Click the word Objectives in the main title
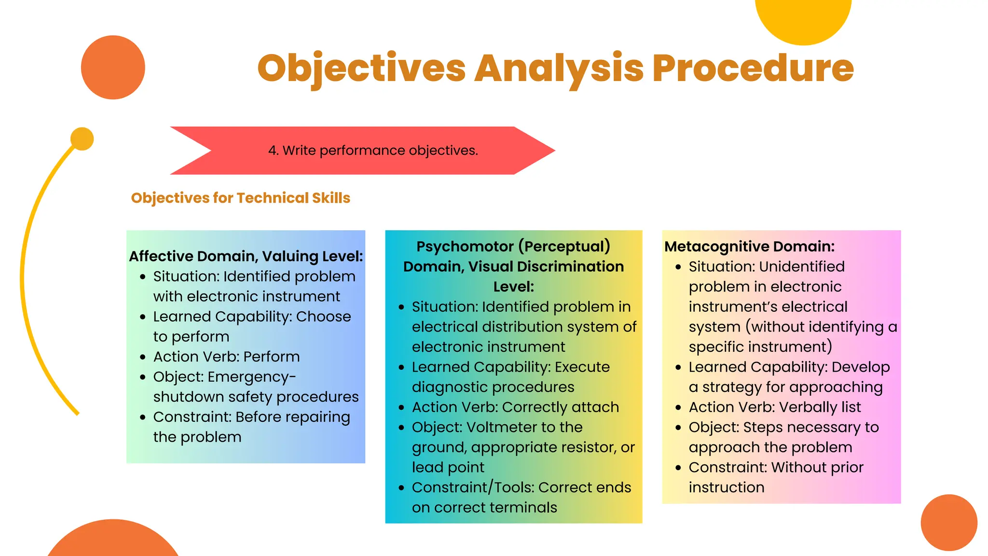coord(361,69)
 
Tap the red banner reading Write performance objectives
coord(372,151)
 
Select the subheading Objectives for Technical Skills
coord(240,198)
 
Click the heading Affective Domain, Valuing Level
coord(246,256)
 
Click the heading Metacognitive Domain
coord(749,247)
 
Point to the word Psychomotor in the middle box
coord(465,247)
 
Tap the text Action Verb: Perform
coord(226,357)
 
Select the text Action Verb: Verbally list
coord(774,407)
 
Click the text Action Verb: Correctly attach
coord(515,407)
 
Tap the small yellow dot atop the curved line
coord(82,139)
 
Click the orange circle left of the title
coord(113,68)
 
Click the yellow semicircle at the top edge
coord(803,19)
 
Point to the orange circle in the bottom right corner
coord(948,522)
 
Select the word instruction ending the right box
coord(726,487)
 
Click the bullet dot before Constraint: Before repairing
coord(143,417)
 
